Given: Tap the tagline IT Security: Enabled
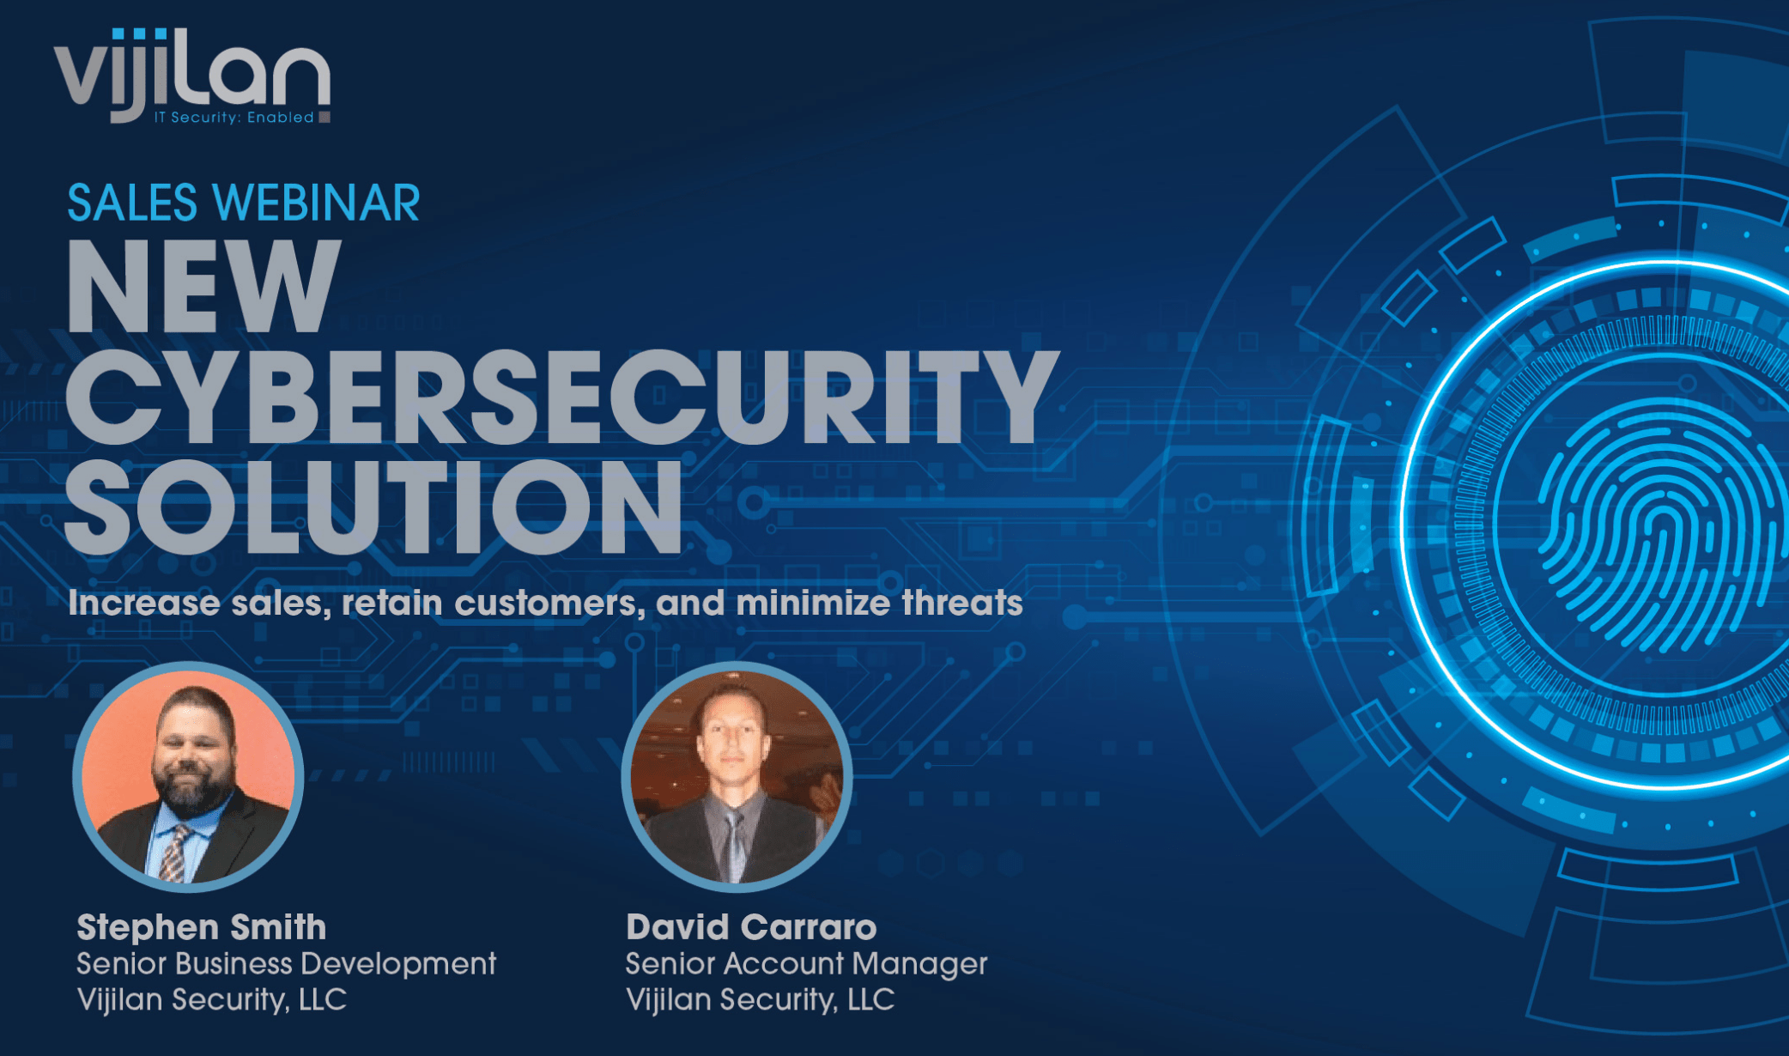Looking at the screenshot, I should (233, 118).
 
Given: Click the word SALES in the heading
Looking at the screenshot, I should (132, 203).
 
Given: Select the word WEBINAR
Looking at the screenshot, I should (317, 203).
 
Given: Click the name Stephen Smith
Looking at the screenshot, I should (202, 927).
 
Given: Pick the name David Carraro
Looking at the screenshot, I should (751, 927).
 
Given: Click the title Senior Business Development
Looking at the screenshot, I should (286, 964).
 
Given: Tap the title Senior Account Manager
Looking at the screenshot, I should (806, 964).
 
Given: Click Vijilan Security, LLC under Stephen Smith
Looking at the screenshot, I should (211, 1000).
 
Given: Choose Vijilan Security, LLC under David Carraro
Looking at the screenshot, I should (760, 1000).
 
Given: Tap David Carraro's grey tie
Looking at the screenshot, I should (736, 846).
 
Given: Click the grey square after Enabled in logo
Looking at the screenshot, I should (324, 117).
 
